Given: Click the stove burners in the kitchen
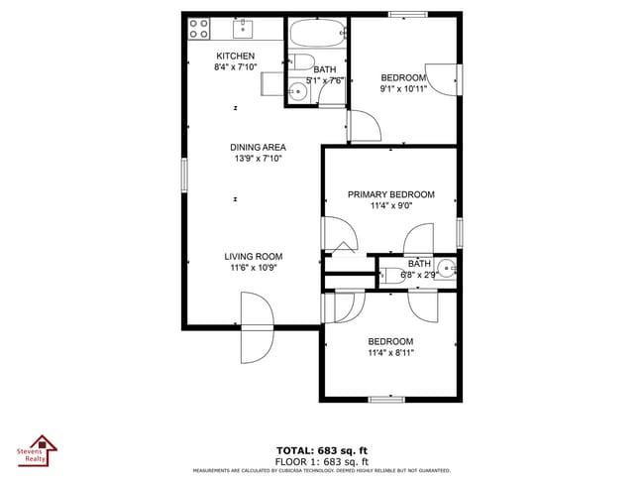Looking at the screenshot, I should [198, 28].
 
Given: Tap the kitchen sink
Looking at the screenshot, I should [244, 28].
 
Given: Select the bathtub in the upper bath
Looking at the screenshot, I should [318, 34].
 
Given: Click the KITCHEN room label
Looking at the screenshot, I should [235, 56].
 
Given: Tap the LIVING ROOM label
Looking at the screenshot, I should [254, 256].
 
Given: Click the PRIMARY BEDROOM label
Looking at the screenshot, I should [390, 194].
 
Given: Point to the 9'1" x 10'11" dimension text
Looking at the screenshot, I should [403, 89].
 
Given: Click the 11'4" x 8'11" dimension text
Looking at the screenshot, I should [390, 352].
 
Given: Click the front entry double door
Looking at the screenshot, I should [255, 339].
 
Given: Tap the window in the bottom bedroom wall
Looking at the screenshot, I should [386, 400].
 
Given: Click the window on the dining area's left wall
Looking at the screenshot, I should [184, 175].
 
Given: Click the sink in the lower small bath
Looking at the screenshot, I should [446, 267].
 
